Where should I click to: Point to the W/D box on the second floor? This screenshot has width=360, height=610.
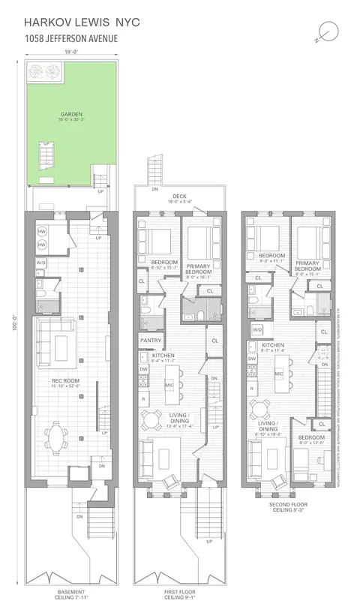coord(256,329)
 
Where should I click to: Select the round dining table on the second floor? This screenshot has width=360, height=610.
coord(262,409)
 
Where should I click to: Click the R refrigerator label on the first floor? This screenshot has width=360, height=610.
coord(143,398)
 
